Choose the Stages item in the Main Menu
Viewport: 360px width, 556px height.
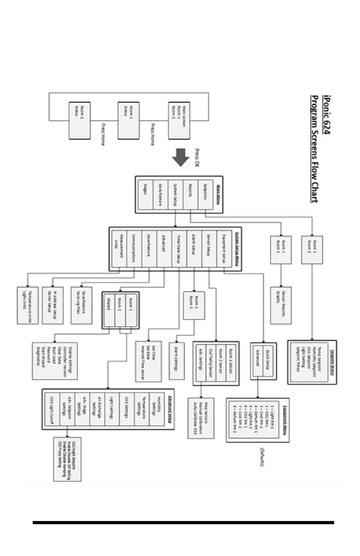pyautogui.click(x=146, y=194)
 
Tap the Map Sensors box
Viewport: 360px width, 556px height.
pyautogui.click(x=201, y=418)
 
